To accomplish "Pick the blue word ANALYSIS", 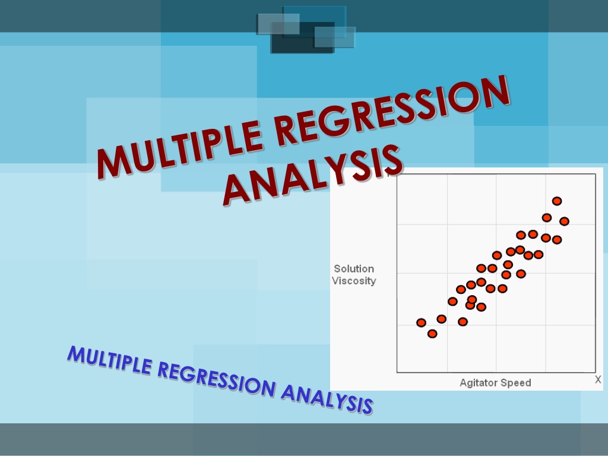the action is coord(327,400).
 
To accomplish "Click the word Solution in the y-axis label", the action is coord(354,269).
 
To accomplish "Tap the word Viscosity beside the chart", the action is coord(354,281).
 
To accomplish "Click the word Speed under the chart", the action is coord(517,383).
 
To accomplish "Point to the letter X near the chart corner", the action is coord(598,379).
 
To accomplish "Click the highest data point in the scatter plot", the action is coord(557,201).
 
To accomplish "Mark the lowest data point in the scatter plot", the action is coord(432,334).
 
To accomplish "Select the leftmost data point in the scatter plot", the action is coord(421,322).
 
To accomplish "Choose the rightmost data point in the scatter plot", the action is coord(564,221).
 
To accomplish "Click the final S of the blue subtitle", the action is coord(367,406).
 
